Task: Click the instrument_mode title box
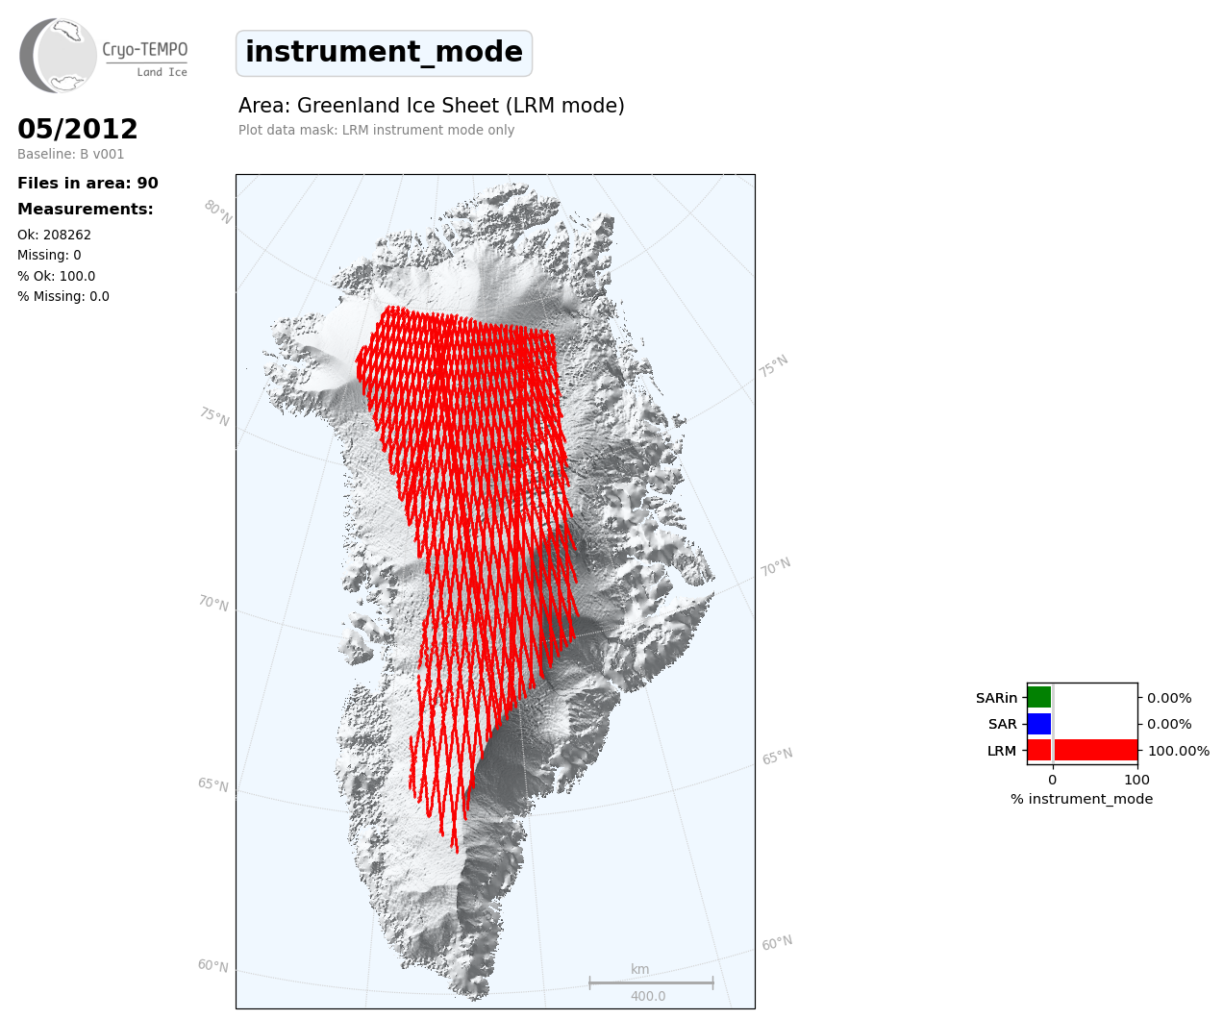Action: tap(384, 53)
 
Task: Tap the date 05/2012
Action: tap(77, 129)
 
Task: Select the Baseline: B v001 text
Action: tap(71, 154)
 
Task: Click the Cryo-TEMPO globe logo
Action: tap(58, 55)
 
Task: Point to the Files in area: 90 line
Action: tap(87, 183)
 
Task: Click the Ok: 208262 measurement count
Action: tap(55, 235)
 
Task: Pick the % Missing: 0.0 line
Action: tap(63, 296)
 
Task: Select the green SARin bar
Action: tap(1039, 697)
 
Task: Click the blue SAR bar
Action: tap(1039, 724)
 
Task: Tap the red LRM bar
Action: tap(1083, 750)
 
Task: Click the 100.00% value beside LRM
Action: tap(1179, 751)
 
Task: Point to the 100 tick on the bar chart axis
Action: tap(1136, 780)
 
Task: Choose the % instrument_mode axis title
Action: tap(1082, 799)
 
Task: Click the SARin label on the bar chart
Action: tap(996, 698)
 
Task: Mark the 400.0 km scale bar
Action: tap(651, 982)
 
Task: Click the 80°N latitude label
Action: tap(218, 212)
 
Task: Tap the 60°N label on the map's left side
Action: tap(213, 965)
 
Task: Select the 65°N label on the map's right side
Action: tap(777, 756)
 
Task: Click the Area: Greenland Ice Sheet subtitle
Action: tap(432, 106)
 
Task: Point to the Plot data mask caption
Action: tap(377, 130)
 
